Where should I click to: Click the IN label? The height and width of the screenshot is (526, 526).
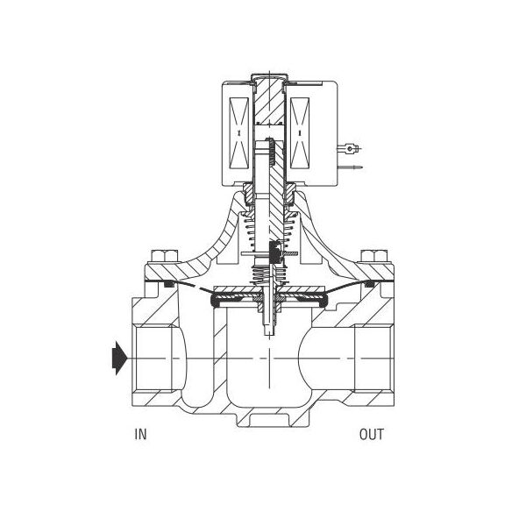tap(140, 434)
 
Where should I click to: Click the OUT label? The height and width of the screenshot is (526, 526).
tap(372, 434)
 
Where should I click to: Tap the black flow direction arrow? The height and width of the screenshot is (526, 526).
tap(119, 358)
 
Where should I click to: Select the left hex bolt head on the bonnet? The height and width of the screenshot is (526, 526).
tap(164, 256)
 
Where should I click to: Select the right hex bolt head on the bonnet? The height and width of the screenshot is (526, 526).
tap(373, 256)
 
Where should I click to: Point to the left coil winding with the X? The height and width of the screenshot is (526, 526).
tap(238, 133)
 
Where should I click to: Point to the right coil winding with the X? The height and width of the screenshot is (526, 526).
tap(300, 133)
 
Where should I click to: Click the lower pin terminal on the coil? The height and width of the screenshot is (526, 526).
tap(350, 167)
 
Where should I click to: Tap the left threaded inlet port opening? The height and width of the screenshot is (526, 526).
tap(154, 359)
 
